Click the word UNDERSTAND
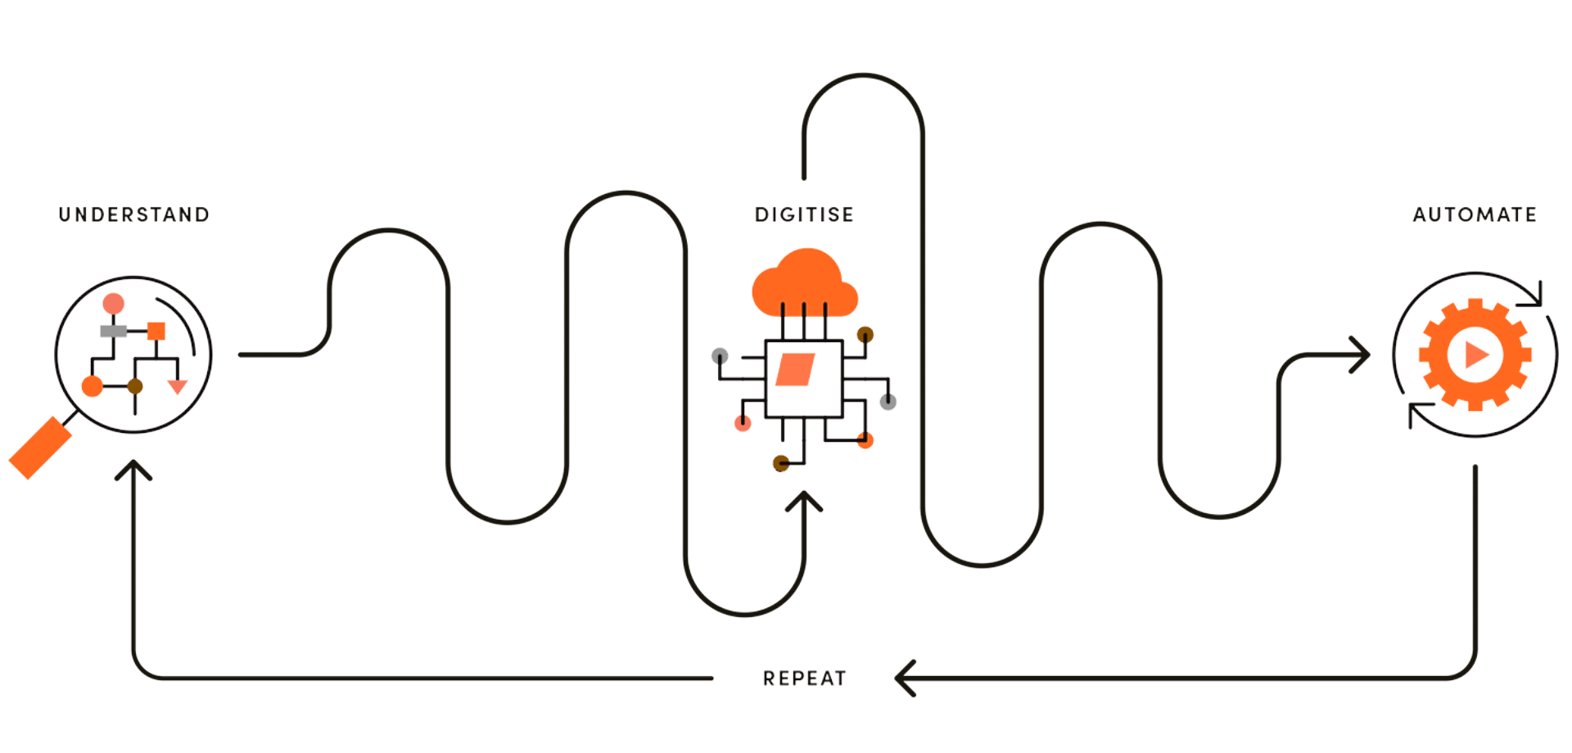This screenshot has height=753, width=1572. click(133, 215)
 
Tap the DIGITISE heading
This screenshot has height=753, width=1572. click(804, 215)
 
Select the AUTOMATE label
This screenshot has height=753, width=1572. click(1474, 215)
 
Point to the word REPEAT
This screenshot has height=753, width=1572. click(804, 679)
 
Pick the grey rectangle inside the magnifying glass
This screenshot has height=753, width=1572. click(112, 331)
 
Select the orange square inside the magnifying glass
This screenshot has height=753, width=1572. click(156, 331)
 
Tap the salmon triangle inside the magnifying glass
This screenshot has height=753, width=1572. click(178, 386)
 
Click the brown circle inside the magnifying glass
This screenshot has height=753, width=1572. click(135, 386)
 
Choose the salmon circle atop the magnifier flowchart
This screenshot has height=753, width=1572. click(113, 303)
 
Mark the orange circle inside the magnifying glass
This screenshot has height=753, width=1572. click(93, 386)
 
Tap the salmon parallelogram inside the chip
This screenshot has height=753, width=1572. click(791, 370)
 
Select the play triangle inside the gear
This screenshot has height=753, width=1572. click(1475, 354)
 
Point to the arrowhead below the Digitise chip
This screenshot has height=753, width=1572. click(804, 501)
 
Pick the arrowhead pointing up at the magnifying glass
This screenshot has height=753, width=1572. click(133, 470)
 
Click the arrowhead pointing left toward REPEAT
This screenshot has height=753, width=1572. click(904, 679)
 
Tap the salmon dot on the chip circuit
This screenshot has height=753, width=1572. click(743, 423)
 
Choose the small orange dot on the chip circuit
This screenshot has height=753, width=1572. click(865, 441)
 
